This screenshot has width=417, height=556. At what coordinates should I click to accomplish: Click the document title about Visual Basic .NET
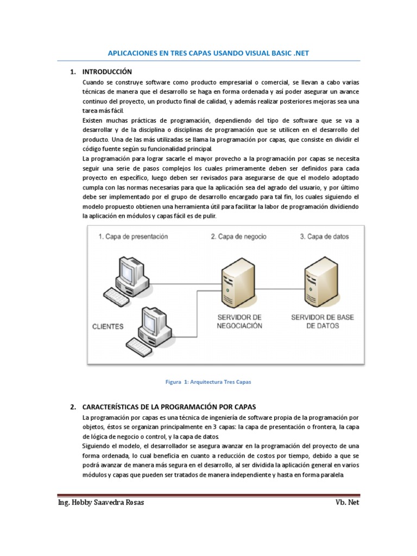pos(208,53)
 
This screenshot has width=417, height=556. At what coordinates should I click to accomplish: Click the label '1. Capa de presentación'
pos(133,237)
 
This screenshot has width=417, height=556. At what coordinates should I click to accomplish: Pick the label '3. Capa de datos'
pos(324,237)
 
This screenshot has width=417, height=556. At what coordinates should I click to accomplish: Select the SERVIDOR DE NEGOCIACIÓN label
pos(239,321)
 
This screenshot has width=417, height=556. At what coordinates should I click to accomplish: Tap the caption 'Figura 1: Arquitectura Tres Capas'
pos(208,382)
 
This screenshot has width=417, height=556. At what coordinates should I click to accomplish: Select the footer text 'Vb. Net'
pos(347,502)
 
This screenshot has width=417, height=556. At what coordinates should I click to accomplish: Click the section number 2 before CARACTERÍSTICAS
pos(72,407)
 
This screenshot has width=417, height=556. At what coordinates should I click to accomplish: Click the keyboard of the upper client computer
pos(119,296)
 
